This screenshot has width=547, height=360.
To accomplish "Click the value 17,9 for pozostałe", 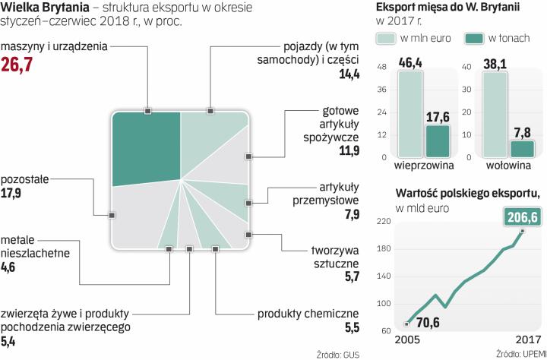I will point(12,192).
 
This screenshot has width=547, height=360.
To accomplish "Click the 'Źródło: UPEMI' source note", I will point(520,354).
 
